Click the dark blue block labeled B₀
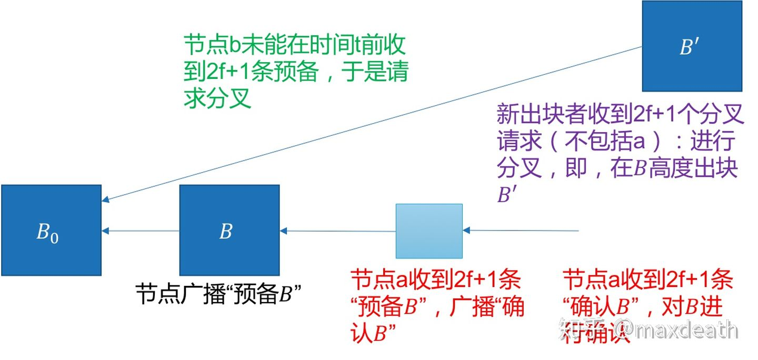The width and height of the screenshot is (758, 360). [51, 230]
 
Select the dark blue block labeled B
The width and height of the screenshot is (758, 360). [229, 230]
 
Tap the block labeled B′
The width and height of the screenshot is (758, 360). [692, 46]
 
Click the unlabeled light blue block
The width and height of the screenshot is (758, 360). [429, 231]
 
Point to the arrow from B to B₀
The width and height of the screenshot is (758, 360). [141, 231]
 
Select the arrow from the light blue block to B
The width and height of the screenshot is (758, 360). [337, 231]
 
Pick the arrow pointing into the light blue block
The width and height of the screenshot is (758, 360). [521, 231]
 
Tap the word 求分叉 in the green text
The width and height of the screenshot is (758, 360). [217, 98]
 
